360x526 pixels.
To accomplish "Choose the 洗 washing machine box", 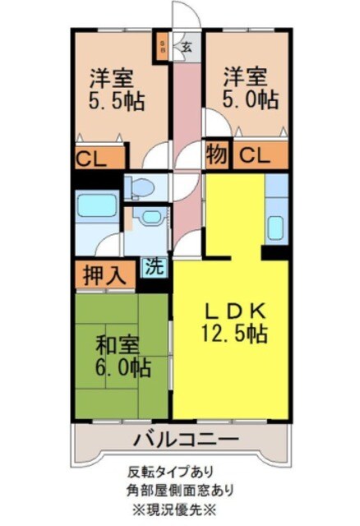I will [x=152, y=266].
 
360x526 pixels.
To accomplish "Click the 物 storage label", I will [x=216, y=153].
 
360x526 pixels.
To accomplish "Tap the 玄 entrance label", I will [x=187, y=46].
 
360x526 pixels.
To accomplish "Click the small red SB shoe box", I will [x=163, y=45].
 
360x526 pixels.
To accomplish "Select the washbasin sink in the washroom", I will [x=150, y=218].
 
